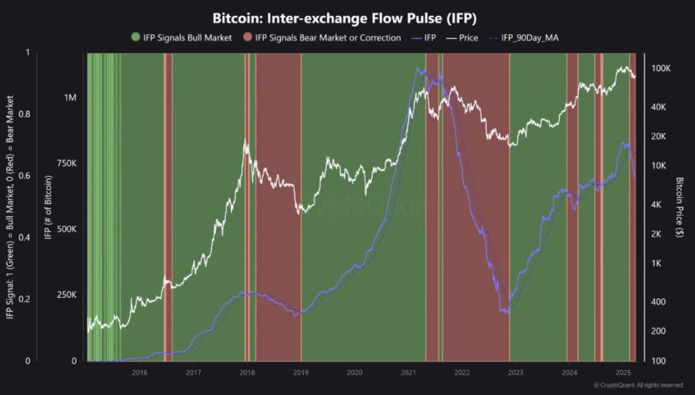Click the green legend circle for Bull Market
click(136, 38)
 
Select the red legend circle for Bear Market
click(247, 38)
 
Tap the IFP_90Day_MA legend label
click(529, 38)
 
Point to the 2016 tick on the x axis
click(140, 372)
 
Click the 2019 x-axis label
click(301, 372)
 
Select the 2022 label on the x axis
click(462, 372)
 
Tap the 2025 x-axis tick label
click(623, 372)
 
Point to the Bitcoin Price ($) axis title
click(680, 207)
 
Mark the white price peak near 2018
click(246, 140)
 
